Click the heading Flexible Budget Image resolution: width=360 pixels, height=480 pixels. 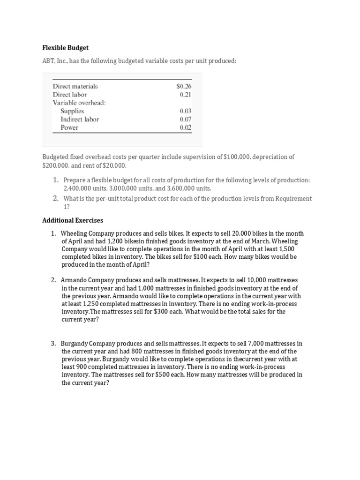pyautogui.click(x=66, y=48)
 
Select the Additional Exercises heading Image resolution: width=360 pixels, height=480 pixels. pyautogui.click(x=73, y=220)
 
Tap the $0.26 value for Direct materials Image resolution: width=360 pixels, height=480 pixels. pyautogui.click(x=184, y=86)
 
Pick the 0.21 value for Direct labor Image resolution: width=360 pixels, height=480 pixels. pyautogui.click(x=185, y=95)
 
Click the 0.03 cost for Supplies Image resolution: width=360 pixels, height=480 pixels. pyautogui.click(x=185, y=111)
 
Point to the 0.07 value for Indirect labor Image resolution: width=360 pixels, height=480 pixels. pyautogui.click(x=185, y=120)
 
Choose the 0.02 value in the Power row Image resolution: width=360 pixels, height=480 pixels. pyautogui.click(x=185, y=127)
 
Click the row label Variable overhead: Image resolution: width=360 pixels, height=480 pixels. pyautogui.click(x=79, y=103)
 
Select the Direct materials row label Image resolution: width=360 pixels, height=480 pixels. pyautogui.click(x=75, y=86)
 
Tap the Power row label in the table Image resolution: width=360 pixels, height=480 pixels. pyautogui.click(x=69, y=127)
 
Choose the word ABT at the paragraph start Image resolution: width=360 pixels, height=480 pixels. pyautogui.click(x=49, y=62)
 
